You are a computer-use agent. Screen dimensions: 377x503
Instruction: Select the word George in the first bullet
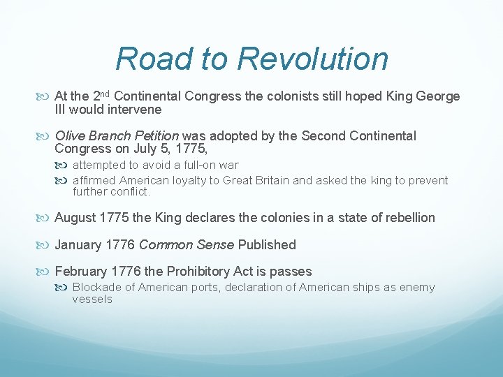(439, 96)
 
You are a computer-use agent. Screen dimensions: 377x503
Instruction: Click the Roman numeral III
(62, 110)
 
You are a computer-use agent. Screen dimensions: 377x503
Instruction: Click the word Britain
(269, 180)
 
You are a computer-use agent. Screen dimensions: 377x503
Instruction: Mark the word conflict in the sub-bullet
(131, 192)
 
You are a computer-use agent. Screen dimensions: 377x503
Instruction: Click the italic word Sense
(217, 245)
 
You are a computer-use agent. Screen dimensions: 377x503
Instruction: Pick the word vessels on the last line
(92, 300)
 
